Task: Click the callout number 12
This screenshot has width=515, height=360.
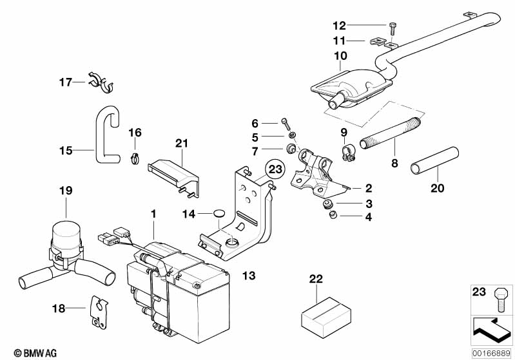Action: coord(339,26)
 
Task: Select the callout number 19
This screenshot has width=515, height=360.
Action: coord(66,191)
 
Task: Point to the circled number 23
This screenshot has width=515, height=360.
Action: coord(276,170)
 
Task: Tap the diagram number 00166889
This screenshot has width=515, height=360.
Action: coord(491,352)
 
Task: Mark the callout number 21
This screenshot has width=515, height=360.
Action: coord(180,142)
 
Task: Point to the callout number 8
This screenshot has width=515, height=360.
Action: coord(394,164)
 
